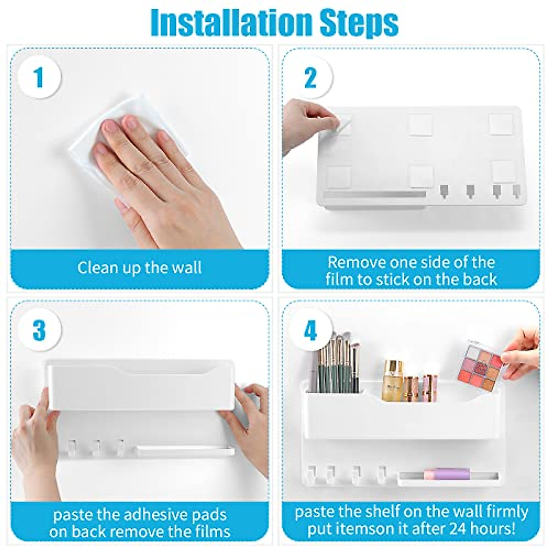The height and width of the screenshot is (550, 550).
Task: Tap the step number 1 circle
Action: click(x=39, y=77)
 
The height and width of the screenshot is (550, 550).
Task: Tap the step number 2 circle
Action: click(x=310, y=77)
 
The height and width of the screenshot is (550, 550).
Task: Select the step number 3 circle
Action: click(x=39, y=330)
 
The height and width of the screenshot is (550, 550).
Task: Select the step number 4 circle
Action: click(x=310, y=330)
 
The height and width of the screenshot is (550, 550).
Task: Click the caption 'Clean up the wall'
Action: click(x=139, y=268)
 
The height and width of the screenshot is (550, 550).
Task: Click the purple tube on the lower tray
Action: click(x=442, y=474)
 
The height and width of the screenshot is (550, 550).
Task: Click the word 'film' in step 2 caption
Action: click(x=341, y=279)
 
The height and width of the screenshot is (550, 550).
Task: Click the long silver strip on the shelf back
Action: click(x=374, y=195)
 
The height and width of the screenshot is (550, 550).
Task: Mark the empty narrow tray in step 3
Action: click(x=183, y=451)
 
